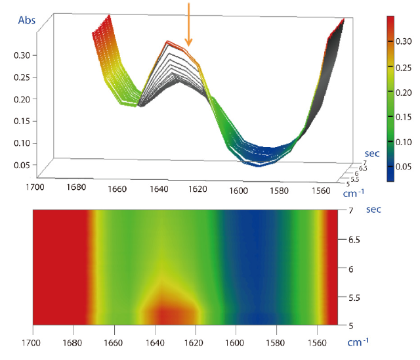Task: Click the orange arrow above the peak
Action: point(188,24)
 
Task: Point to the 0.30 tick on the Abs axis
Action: point(22,55)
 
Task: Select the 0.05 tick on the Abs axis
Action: point(22,164)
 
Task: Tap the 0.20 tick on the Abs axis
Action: point(22,99)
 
